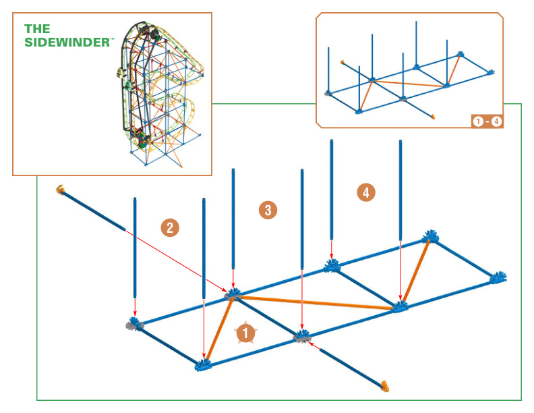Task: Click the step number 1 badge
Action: (x=245, y=333)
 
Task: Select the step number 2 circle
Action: (x=170, y=227)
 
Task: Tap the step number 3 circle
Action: (x=268, y=210)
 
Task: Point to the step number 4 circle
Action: (x=366, y=192)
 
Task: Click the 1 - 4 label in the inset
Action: (x=487, y=121)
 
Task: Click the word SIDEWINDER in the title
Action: (x=67, y=43)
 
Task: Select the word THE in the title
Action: (x=37, y=29)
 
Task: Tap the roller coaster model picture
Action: (x=160, y=94)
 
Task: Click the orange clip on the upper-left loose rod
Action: (x=61, y=188)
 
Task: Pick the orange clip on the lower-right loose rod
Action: (x=385, y=385)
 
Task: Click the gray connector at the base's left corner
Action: (x=134, y=324)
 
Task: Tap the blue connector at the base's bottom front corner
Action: (x=204, y=365)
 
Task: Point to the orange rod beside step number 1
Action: (x=219, y=329)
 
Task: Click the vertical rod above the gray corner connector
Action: (x=135, y=248)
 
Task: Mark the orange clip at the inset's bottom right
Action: (x=433, y=117)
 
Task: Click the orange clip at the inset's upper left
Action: (x=343, y=61)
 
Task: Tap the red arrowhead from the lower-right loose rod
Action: (x=311, y=344)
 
